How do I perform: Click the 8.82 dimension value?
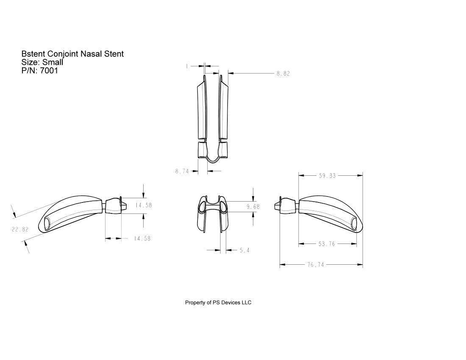[283, 74]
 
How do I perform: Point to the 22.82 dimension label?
[19, 229]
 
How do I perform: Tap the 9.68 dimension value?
[253, 207]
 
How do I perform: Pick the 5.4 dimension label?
[244, 251]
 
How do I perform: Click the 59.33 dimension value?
[327, 175]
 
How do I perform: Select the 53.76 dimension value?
[327, 244]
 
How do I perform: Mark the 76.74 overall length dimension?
[315, 265]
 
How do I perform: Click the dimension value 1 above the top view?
[187, 66]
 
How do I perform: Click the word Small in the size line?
[53, 62]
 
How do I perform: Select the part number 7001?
[49, 71]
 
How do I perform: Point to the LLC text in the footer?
[246, 302]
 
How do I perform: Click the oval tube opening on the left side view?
[46, 223]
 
